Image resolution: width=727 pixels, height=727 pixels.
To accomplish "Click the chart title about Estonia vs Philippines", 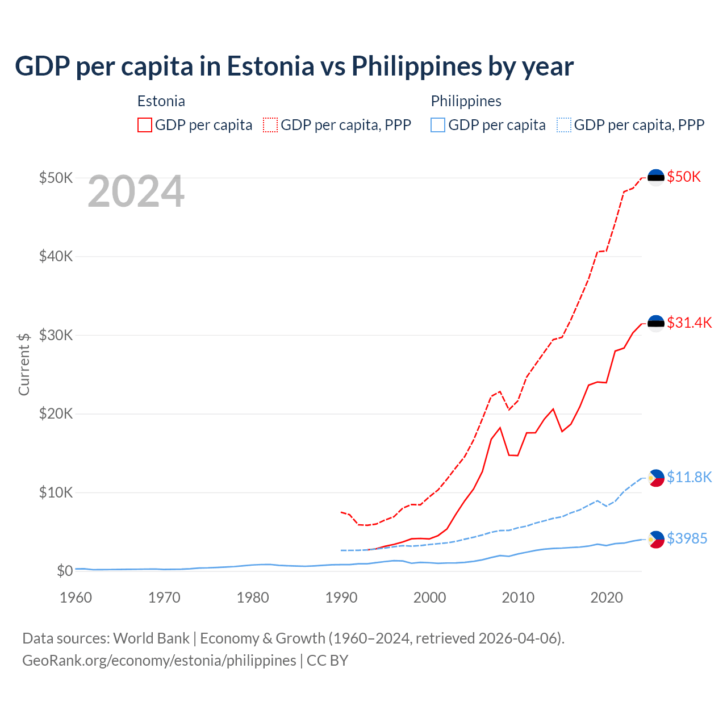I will (x=294, y=66).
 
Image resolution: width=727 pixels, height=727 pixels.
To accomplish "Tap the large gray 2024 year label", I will (x=136, y=192).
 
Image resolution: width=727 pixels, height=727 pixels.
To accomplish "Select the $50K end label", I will (x=684, y=177).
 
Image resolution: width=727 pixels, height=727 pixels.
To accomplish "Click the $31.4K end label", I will (x=689, y=323).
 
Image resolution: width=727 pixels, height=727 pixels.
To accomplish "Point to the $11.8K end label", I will (x=689, y=477).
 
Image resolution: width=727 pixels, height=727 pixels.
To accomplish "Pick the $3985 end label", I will (x=687, y=538).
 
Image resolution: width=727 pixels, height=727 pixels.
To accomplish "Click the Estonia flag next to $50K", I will (x=656, y=178).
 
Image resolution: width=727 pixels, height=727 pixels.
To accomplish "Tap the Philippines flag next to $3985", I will (x=656, y=539).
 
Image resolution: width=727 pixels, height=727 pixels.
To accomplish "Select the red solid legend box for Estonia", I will (x=145, y=125).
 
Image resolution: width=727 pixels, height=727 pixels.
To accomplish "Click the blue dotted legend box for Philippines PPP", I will (x=564, y=125).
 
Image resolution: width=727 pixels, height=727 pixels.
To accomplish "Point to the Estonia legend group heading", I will (x=161, y=101).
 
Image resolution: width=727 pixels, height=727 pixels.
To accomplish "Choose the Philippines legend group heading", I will (x=466, y=101).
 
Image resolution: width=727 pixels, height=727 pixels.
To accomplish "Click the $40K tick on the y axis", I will (x=56, y=256).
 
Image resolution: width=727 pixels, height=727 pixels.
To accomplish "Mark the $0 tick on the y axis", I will (x=65, y=571).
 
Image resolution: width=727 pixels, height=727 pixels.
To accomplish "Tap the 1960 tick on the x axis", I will (x=76, y=598).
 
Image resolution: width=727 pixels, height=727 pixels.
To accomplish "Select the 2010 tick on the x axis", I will (x=518, y=598).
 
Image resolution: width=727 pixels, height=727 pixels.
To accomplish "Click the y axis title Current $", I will (x=24, y=364).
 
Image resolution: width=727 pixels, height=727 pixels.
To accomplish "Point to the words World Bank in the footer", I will (x=151, y=638).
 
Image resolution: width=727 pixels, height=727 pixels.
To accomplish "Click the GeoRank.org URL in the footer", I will (x=159, y=661).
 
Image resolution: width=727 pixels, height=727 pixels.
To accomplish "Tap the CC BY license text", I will (x=328, y=661).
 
